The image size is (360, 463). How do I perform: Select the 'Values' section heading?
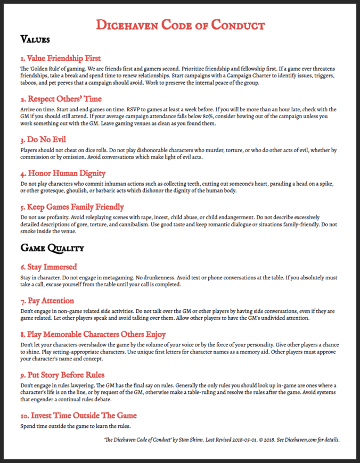point(35,39)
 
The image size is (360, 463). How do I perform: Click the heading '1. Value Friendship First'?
point(60,58)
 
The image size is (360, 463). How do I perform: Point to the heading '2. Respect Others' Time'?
point(61,99)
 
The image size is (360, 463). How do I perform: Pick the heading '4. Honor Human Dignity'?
point(62,173)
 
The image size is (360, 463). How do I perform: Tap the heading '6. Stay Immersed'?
point(48,267)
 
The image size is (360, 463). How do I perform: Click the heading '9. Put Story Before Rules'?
point(62,375)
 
